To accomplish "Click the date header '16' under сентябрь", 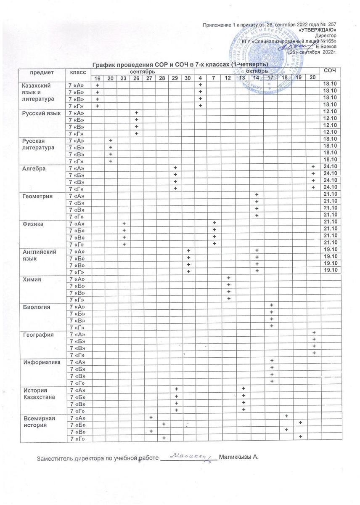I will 97,79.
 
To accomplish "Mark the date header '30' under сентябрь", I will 188,79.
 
